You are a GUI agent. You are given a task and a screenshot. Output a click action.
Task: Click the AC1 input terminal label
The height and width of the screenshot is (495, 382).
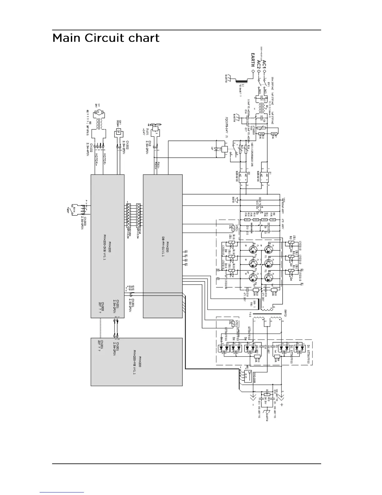264,64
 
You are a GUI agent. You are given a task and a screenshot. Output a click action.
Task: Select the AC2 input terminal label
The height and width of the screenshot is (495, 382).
258,64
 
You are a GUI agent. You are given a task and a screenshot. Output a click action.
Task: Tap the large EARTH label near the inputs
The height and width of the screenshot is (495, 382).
252,61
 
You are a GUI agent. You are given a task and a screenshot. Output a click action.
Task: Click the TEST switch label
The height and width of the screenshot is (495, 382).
67,210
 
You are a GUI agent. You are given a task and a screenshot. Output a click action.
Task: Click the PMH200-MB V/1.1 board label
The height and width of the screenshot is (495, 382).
137,361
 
